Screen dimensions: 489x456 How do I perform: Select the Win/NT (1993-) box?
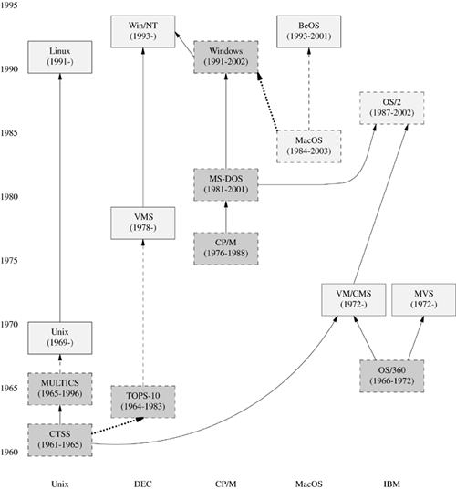pos(142,31)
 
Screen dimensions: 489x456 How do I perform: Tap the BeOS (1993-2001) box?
pos(309,31)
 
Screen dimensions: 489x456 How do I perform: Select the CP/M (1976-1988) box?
pos(225,249)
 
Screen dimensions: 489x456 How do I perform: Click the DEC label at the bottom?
pos(142,477)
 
